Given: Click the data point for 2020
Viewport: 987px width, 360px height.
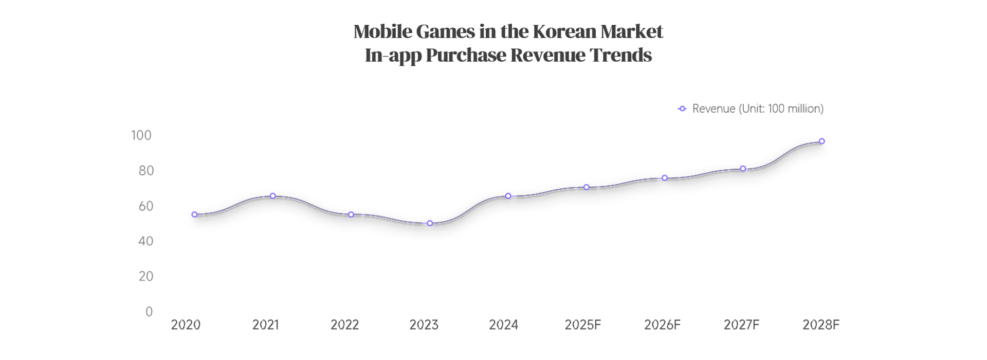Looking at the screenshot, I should [194, 214].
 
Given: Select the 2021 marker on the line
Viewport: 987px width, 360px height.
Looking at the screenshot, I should [273, 196].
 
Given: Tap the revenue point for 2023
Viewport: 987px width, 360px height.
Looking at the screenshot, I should [430, 223].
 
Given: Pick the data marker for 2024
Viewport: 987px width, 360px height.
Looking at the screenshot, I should [508, 196].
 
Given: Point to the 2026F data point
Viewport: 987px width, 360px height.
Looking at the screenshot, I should [665, 178].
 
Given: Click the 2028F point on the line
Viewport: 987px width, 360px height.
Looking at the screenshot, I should [821, 141].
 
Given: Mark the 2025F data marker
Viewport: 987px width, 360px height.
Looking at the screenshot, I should [586, 187].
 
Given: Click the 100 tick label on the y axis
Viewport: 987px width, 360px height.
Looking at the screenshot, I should [141, 135].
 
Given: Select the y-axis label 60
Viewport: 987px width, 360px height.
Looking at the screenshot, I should [146, 206].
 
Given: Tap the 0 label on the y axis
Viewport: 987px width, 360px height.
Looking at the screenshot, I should [149, 312].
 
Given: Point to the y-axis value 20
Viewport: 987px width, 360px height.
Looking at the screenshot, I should [146, 277].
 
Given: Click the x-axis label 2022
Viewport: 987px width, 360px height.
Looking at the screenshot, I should [344, 325].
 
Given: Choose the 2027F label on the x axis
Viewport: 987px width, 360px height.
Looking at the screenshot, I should [741, 325].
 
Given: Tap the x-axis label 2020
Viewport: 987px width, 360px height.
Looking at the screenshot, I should [186, 325].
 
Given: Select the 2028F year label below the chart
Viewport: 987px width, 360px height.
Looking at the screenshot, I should [820, 325].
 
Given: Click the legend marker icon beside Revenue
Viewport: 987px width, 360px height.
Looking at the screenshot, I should [682, 109].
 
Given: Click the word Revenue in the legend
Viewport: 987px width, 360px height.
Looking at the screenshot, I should [714, 109].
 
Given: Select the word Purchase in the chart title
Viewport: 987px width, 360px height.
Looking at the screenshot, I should [466, 55].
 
